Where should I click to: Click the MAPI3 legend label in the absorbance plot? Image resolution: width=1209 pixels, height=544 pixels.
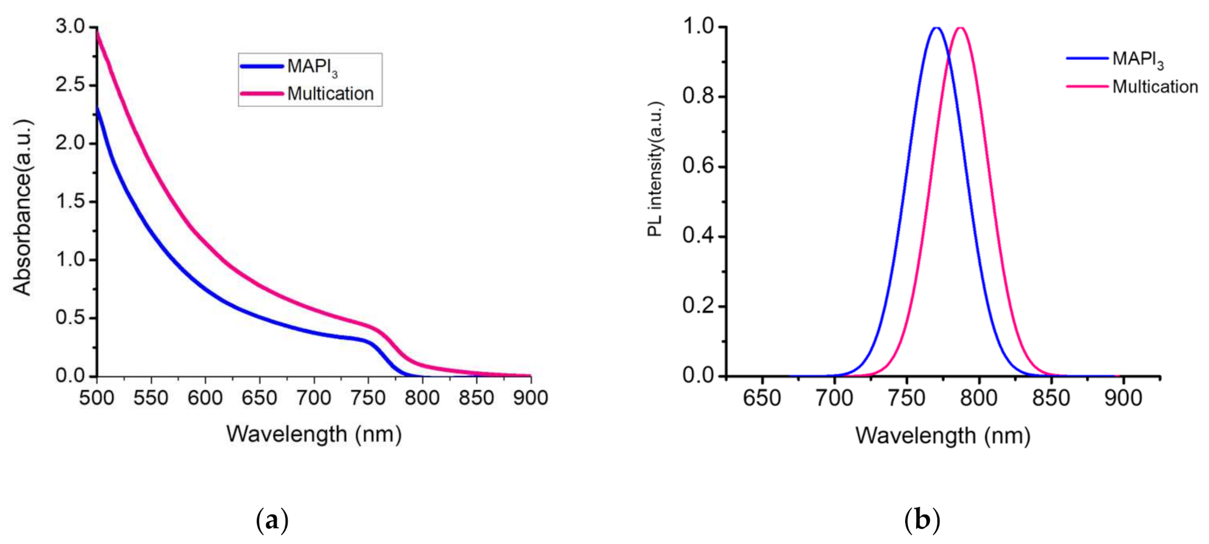pos(312,67)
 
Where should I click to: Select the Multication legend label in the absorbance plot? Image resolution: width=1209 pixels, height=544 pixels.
pos(330,94)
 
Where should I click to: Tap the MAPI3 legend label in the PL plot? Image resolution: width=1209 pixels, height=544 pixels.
pos(1137,59)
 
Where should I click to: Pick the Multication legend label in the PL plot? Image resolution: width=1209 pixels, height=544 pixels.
pos(1155,87)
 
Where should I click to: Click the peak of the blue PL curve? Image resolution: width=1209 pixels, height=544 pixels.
pos(936,27)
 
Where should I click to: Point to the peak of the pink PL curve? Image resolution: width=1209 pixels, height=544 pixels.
pos(961,27)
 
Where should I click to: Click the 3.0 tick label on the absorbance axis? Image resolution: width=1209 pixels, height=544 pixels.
pos(70,26)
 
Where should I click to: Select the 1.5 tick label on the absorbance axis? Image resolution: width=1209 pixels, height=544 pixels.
pos(70,202)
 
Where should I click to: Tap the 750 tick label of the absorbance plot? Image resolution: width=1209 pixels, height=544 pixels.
pos(368,398)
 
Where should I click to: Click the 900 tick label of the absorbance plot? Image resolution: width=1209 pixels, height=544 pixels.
pos(531,398)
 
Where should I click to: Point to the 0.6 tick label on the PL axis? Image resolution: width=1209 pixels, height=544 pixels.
pos(697,166)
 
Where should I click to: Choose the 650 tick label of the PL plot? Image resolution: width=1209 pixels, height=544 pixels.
pos(761,398)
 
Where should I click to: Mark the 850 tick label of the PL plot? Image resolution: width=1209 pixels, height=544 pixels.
pos(1051,398)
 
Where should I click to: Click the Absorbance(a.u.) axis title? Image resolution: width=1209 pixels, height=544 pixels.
pos(23,207)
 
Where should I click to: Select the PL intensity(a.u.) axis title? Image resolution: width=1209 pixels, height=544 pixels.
pos(655,169)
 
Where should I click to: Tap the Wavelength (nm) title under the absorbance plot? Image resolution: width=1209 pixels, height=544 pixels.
pos(314,435)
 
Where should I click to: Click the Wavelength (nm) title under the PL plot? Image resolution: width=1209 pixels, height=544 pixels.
pos(943,436)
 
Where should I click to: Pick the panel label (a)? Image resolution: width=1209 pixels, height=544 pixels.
pos(272,521)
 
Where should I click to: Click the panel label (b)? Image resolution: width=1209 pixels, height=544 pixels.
pos(922,521)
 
